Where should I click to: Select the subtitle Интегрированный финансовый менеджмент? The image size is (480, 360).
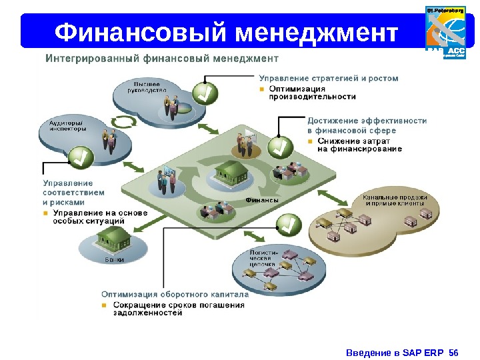click(161, 59)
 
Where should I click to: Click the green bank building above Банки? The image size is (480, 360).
click(112, 239)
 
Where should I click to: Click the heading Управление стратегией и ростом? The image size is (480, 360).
click(329, 78)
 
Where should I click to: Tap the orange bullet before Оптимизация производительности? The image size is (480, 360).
click(263, 88)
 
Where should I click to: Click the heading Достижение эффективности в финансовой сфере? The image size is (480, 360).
click(367, 125)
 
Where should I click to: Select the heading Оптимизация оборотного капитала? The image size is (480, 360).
click(175, 294)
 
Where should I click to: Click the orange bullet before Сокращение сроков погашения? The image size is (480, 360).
click(105, 305)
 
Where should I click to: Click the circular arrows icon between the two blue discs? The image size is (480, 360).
click(123, 123)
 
